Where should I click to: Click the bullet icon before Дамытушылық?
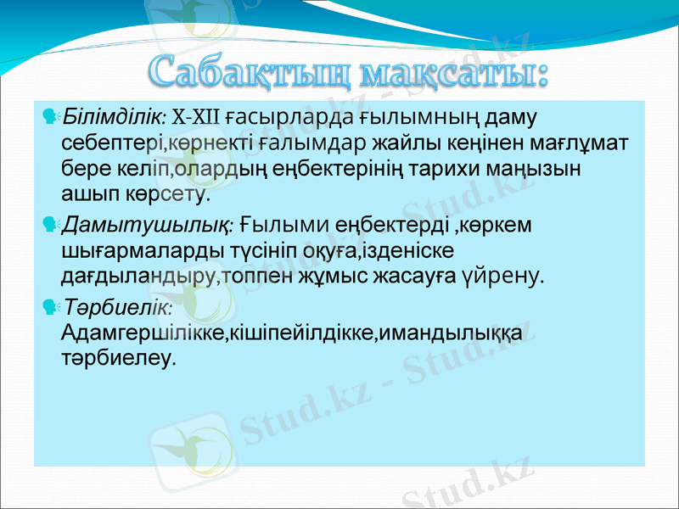click(48, 225)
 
